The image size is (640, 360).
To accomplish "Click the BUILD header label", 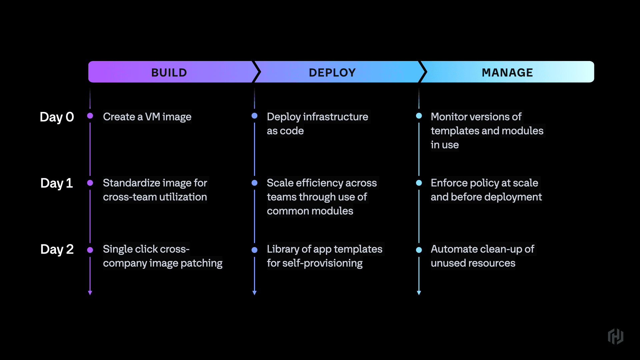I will click(x=169, y=72).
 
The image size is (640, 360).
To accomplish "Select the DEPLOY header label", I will click(x=332, y=72).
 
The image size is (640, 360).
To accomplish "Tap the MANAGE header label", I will click(x=507, y=72).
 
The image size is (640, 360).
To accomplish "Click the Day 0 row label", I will click(x=57, y=117).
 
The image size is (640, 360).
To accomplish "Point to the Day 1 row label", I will click(x=57, y=183).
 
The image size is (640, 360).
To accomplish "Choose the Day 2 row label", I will click(x=57, y=249).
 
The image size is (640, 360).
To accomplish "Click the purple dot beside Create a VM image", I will click(x=90, y=116).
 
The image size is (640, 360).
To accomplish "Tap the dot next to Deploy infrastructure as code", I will click(x=254, y=116).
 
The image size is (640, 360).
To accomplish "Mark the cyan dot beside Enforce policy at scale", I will click(x=419, y=183).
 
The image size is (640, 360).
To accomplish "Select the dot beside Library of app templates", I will click(x=254, y=250).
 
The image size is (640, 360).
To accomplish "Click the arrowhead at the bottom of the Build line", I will click(x=90, y=293).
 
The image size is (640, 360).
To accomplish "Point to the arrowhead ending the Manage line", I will click(x=419, y=293).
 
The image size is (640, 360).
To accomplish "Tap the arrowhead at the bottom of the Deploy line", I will click(x=254, y=293).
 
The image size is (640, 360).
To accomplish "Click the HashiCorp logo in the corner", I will click(x=615, y=336).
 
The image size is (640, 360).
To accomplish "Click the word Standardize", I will click(x=132, y=183).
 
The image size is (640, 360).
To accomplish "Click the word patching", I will click(x=201, y=263).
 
